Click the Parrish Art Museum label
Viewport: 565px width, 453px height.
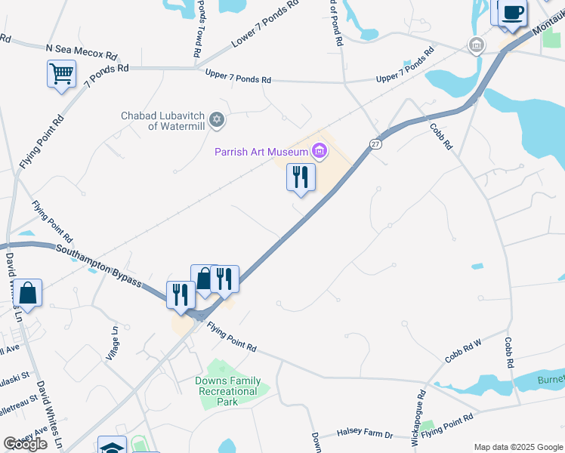click(261, 152)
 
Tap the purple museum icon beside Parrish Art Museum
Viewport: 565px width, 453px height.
click(320, 152)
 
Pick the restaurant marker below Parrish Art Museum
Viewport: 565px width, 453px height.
click(301, 178)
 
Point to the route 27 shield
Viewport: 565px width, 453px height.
click(375, 143)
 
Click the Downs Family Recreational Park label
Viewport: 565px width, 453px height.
click(227, 391)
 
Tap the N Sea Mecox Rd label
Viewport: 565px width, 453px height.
click(82, 51)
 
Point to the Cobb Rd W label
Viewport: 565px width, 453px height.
click(463, 351)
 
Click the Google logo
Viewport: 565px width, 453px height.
click(25, 444)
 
